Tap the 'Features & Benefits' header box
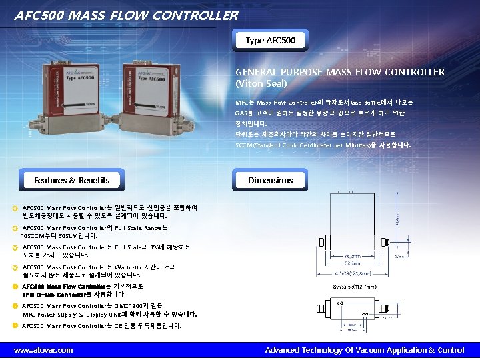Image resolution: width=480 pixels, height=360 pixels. pos(71,180)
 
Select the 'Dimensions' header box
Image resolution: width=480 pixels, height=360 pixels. pos(270,180)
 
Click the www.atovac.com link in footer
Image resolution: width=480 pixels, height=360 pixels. pos(43,350)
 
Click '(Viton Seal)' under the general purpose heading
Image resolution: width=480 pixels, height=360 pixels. pos(261,83)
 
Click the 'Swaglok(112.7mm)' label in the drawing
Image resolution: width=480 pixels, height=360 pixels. pos(355,287)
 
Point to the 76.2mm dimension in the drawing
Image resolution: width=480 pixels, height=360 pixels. pos(353,255)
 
